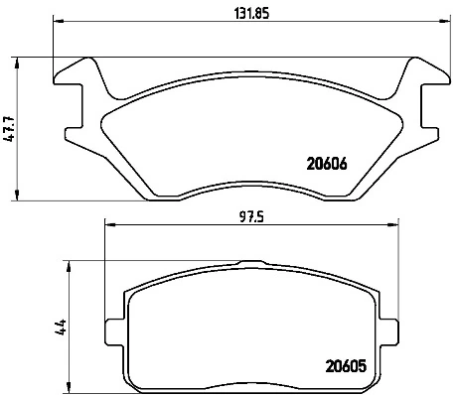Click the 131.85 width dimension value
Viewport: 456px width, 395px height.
(251, 14)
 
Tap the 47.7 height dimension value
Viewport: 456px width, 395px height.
(10, 129)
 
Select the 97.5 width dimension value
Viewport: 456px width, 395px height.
(250, 217)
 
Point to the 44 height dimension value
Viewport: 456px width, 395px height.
(61, 327)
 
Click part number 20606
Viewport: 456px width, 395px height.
(327, 164)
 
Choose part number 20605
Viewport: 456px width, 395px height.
(346, 366)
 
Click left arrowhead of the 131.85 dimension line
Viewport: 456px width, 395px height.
(58, 22)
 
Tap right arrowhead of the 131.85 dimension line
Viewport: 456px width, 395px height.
(445, 22)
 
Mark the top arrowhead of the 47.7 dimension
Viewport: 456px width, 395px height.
(17, 63)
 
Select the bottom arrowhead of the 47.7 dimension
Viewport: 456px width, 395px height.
(17, 196)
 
